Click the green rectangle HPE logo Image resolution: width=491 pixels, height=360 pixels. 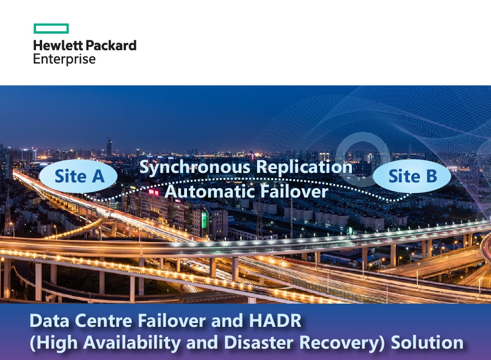[51, 28]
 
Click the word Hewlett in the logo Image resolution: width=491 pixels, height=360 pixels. [58, 45]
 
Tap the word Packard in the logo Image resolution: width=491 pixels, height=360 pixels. [111, 45]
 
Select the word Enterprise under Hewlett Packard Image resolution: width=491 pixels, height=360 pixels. [64, 59]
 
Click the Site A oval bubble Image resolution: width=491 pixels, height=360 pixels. [78, 176]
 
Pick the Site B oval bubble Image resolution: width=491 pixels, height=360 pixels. [412, 176]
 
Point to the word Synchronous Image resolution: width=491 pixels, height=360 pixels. [196, 167]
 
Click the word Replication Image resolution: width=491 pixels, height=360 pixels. [304, 167]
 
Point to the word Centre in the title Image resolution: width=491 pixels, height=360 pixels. [104, 321]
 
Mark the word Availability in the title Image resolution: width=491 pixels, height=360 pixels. [132, 343]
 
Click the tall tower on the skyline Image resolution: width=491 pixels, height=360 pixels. [109, 147]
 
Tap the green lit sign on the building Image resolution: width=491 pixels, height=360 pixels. [204, 220]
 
